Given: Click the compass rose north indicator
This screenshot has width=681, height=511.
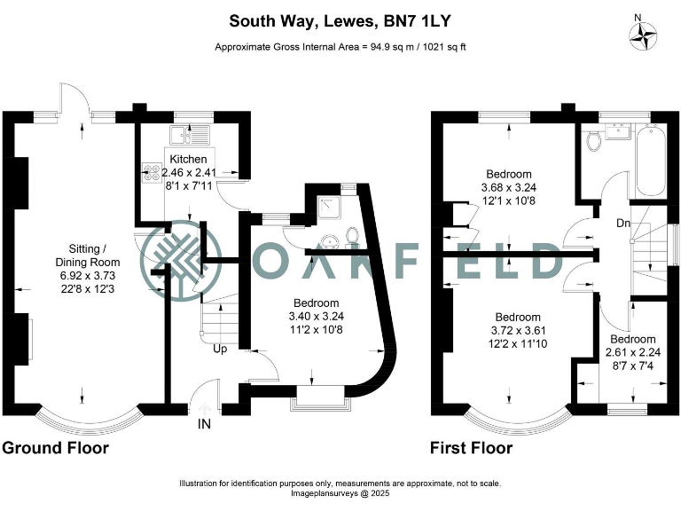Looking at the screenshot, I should [643, 35].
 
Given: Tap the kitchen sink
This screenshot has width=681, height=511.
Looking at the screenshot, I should [190, 136].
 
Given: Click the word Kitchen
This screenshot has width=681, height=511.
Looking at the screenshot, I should [187, 159].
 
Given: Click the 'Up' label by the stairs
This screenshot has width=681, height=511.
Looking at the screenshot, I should [220, 349].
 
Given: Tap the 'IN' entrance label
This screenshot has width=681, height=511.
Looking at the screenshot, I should [205, 425].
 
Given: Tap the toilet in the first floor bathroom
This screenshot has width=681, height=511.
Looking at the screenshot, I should [592, 143].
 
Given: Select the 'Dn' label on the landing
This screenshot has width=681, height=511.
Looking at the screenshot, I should [623, 223].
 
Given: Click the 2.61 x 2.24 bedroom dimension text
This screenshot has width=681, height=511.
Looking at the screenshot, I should [632, 352].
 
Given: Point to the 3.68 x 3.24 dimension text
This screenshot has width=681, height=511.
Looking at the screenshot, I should [509, 187].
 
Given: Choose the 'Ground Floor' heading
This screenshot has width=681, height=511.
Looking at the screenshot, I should [55, 448].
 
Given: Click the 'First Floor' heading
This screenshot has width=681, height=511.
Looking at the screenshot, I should [471, 448].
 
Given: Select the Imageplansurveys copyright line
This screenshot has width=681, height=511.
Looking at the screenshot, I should [340, 494].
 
